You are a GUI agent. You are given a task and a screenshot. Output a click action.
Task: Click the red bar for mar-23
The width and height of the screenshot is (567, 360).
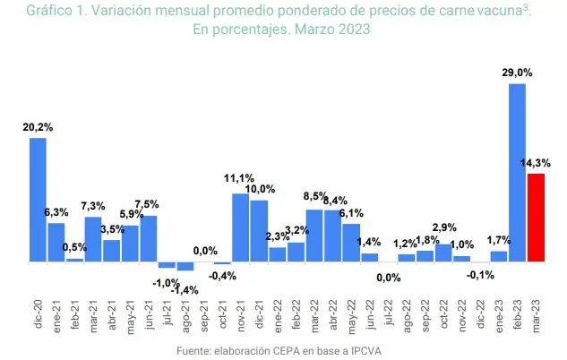tap(536, 218)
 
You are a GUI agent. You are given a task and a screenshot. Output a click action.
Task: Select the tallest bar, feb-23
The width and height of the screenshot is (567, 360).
tap(517, 172)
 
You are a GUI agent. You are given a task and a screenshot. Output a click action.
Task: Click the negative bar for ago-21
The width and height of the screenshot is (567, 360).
tap(185, 266)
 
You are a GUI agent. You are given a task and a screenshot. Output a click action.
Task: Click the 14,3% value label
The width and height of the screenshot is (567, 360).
tap(536, 162)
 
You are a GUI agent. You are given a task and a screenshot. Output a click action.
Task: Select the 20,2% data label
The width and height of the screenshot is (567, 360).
tap(38, 127)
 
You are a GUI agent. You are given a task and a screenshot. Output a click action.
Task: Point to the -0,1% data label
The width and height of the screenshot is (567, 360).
tap(480, 275)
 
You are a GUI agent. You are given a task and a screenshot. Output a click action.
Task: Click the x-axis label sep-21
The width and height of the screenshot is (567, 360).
tap(205, 313)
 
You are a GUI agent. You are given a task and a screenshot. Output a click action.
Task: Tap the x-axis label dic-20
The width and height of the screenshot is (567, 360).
tap(39, 313)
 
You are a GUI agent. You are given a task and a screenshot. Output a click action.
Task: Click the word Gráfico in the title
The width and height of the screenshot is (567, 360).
tap(50, 12)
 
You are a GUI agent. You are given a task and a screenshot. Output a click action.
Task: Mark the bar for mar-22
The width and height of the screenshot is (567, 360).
tap(314, 236)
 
